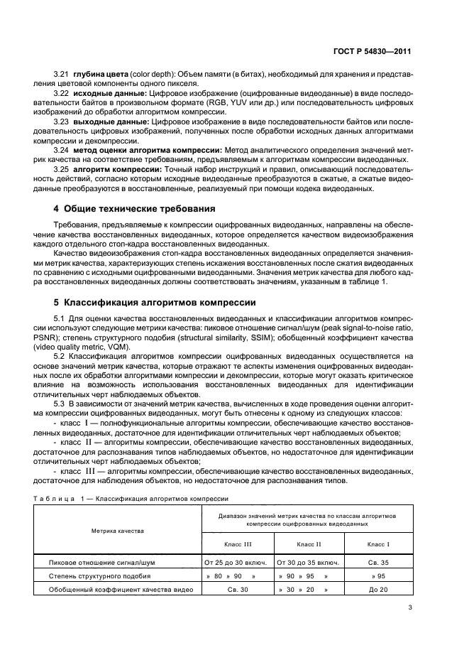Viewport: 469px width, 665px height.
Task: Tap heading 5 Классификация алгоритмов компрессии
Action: coord(155,301)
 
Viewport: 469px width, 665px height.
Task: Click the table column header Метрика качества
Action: coord(117,531)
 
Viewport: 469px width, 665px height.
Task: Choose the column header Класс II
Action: coord(309,544)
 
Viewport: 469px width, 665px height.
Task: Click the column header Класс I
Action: coord(378,544)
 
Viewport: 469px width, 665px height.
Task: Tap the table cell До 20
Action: coord(378,590)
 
